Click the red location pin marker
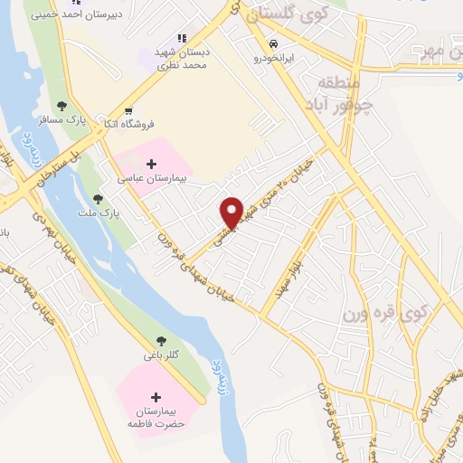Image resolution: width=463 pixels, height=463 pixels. point(231,212)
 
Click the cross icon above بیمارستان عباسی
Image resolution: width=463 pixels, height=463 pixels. point(150,164)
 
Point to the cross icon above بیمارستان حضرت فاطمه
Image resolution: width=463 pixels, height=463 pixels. point(156,397)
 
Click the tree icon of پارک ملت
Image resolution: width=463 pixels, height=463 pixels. point(98,199)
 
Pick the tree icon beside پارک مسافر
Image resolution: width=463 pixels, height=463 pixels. point(61,107)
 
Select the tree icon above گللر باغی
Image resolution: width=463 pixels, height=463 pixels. point(161,341)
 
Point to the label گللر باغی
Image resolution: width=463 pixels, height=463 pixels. point(161,355)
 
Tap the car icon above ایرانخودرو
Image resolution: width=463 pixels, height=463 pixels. point(271,43)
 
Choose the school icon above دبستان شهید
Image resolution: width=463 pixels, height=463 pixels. point(181,38)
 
